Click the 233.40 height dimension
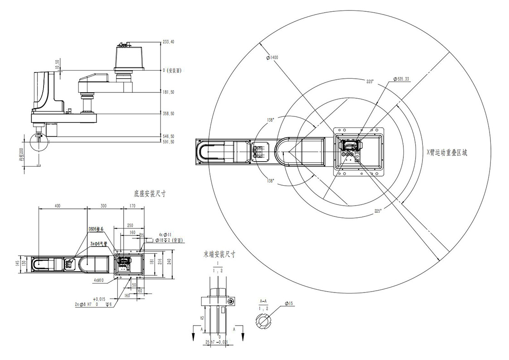tap(168, 42)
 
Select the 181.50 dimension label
tap(169, 92)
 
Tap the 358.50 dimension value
tap(169, 114)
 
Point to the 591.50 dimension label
tap(169, 142)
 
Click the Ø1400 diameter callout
tap(272, 58)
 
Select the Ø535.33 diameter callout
tap(400, 79)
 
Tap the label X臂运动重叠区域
tap(447, 153)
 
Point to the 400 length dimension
tap(58, 206)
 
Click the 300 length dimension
tap(104, 206)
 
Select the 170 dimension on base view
tap(132, 206)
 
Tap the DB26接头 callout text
tap(96, 229)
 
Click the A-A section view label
tap(262, 301)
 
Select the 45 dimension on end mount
tap(202, 318)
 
